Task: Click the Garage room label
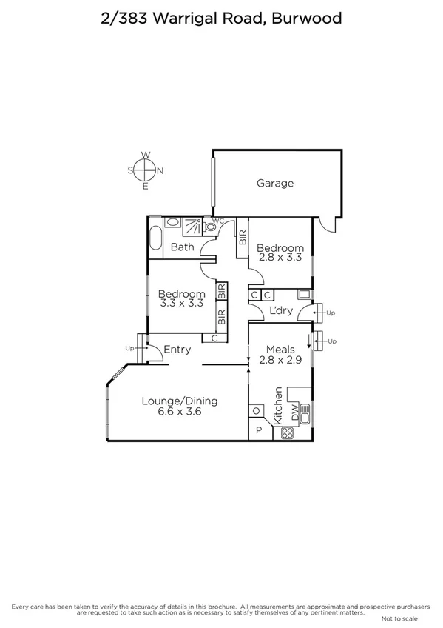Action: click(x=275, y=183)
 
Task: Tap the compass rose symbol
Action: click(x=146, y=170)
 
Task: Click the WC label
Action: click(x=218, y=221)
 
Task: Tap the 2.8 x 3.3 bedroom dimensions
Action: click(x=280, y=258)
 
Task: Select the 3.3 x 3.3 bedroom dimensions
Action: click(x=181, y=304)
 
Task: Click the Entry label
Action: click(x=177, y=350)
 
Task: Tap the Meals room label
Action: click(x=277, y=350)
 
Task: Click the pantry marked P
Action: click(x=259, y=430)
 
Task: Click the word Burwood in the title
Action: click(x=307, y=19)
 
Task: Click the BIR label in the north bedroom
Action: click(x=243, y=238)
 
